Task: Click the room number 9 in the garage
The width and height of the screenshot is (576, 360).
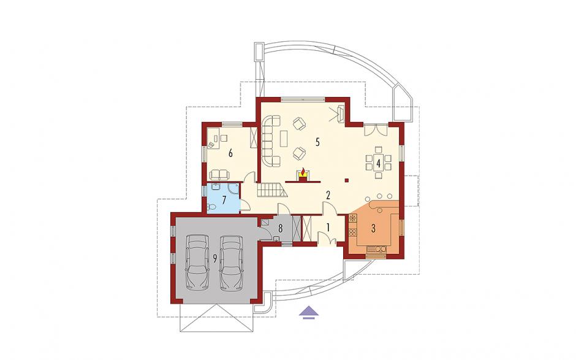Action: click(x=214, y=259)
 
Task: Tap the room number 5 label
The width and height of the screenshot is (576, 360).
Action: click(x=317, y=142)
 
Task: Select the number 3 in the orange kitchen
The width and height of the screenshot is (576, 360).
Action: click(x=373, y=228)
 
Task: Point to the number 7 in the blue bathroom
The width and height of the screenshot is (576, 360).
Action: click(x=224, y=200)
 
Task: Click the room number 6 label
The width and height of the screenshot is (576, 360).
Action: click(x=230, y=153)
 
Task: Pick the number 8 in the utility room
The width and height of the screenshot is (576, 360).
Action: click(x=280, y=228)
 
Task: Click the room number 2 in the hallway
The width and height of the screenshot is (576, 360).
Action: click(x=328, y=195)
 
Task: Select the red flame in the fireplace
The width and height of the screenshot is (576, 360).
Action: click(x=303, y=172)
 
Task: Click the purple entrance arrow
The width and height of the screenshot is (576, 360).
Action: click(x=308, y=312)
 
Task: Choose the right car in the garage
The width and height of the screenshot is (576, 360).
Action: click(x=231, y=262)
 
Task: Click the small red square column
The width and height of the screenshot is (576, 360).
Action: click(x=346, y=180)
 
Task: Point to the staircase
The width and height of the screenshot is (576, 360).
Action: click(x=271, y=190)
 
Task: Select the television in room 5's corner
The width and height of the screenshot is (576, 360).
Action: click(x=340, y=113)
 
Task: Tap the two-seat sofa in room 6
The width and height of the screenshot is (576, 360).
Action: click(x=219, y=174)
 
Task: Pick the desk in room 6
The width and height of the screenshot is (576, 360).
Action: click(x=213, y=138)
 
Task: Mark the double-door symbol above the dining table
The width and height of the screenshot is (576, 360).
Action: click(x=376, y=131)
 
